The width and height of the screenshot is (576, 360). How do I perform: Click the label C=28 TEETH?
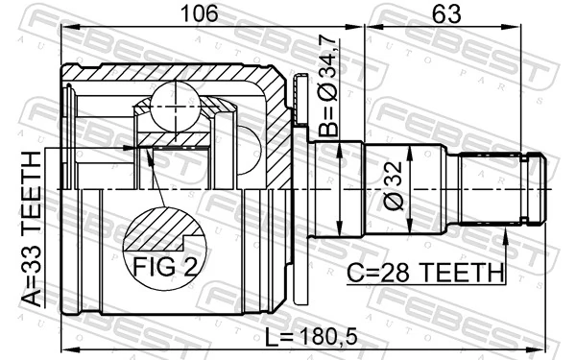425,273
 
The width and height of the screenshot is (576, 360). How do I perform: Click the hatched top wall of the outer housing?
173,72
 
